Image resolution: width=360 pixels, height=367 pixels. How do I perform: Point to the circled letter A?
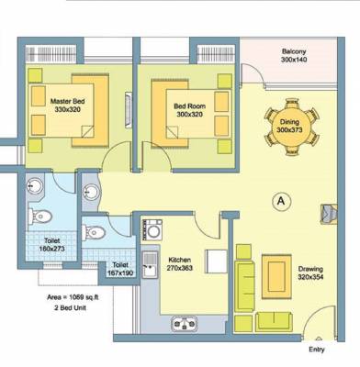pyautogui.click(x=280, y=198)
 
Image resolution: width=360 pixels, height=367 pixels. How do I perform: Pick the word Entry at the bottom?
pyautogui.click(x=317, y=350)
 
